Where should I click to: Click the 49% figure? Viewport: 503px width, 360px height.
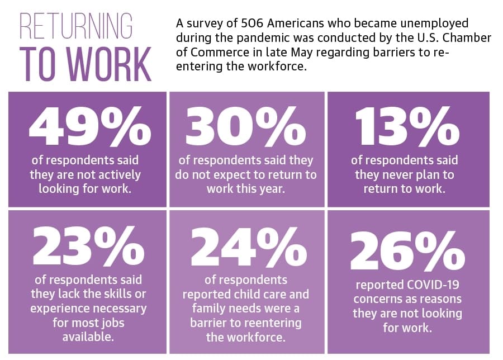pyautogui.click(x=90, y=126)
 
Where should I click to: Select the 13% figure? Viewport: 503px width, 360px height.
pyautogui.click(x=407, y=126)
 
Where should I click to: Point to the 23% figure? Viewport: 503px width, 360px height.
pyautogui.click(x=88, y=245)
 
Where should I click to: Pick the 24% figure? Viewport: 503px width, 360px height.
pyautogui.click(x=249, y=245)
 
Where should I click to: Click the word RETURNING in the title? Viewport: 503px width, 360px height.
pyautogui.click(x=76, y=26)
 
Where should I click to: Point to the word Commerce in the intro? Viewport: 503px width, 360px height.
pyautogui.click(x=220, y=53)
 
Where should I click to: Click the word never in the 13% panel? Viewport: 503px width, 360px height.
pyautogui.click(x=395, y=175)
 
